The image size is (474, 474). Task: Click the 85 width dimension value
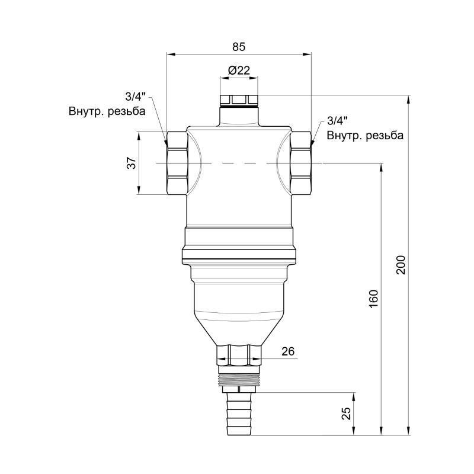point(238,46)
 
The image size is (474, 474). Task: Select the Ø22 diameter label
point(238,70)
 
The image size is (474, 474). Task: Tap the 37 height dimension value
point(132,162)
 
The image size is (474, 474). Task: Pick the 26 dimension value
point(288,351)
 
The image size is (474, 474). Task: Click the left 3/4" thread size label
point(135,96)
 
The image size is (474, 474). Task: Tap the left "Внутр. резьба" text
point(107,110)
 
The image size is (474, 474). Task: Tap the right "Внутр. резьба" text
point(366,136)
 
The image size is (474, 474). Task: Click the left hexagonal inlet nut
point(177,162)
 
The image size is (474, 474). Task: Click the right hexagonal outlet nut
point(301,162)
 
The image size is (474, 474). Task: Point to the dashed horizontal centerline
point(240,162)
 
